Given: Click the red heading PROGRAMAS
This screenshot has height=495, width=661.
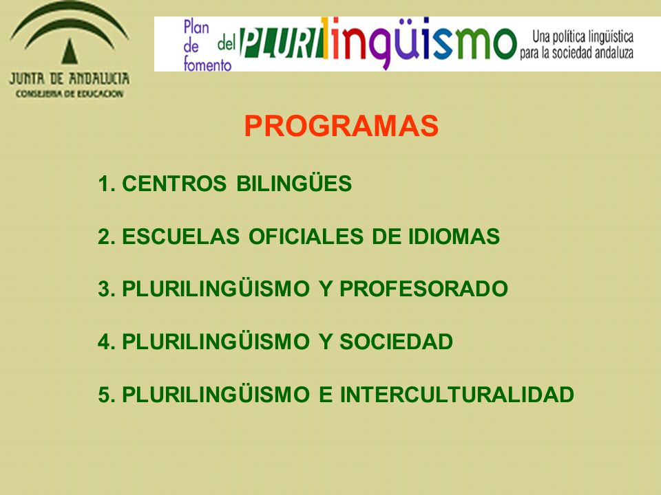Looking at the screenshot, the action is tap(341, 126).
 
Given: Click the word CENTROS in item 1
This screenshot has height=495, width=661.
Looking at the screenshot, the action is tap(174, 184).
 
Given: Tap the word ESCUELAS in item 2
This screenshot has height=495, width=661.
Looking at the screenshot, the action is tap(181, 236).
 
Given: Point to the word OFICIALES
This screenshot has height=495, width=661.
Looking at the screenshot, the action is tap(306, 236).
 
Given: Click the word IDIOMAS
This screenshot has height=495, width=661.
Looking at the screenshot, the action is tap(454, 236).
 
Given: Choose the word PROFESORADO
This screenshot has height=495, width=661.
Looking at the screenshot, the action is tap(423, 289).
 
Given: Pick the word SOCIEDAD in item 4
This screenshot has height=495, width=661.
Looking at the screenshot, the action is tap(397, 342).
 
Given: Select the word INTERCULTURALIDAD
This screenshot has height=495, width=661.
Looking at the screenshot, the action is tap(457, 395).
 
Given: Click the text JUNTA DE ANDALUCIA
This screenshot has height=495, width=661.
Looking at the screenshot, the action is tap(69, 78).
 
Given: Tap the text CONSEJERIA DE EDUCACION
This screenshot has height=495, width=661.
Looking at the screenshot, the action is tap(70, 94).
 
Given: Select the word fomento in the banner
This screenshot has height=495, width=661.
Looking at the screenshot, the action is tap(207, 65).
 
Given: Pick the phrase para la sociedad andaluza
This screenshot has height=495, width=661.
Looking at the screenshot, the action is tap(577, 53).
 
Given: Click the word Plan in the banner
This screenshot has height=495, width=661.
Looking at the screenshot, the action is tap(196, 27).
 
